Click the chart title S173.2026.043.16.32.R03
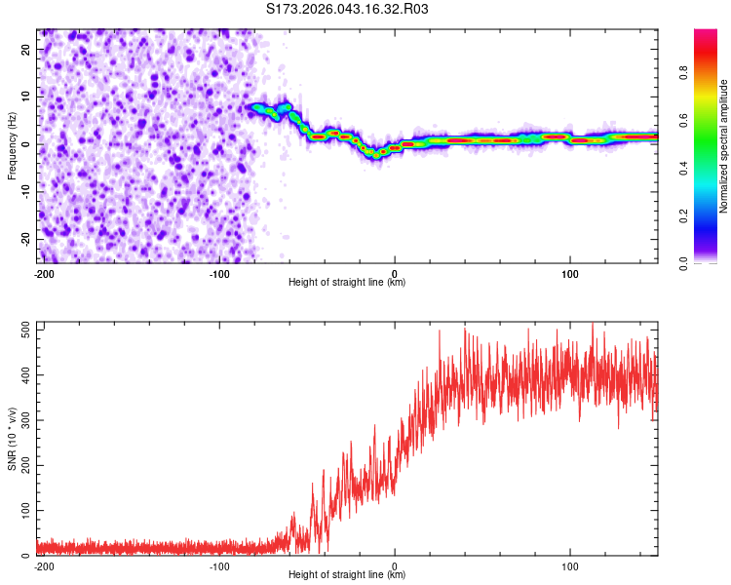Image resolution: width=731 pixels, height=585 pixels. (347, 10)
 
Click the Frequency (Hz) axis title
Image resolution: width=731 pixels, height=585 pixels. (12, 145)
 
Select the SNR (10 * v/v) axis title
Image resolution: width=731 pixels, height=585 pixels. (12, 439)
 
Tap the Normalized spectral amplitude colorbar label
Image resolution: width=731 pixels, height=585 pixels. (723, 146)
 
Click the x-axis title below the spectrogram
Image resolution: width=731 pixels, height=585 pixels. (347, 283)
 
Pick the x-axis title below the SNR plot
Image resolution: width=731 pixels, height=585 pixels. (347, 574)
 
